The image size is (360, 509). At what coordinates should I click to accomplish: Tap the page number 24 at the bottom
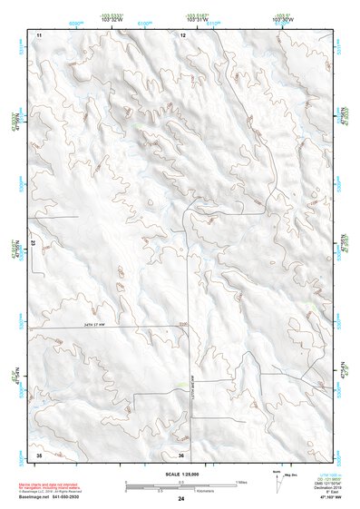click(180, 499)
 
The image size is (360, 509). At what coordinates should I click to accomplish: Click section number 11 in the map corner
click(39, 34)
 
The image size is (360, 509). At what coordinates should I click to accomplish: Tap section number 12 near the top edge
click(182, 34)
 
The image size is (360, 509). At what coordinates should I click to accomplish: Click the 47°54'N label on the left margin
click(15, 373)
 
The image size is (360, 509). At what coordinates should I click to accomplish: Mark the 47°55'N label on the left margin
click(15, 246)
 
